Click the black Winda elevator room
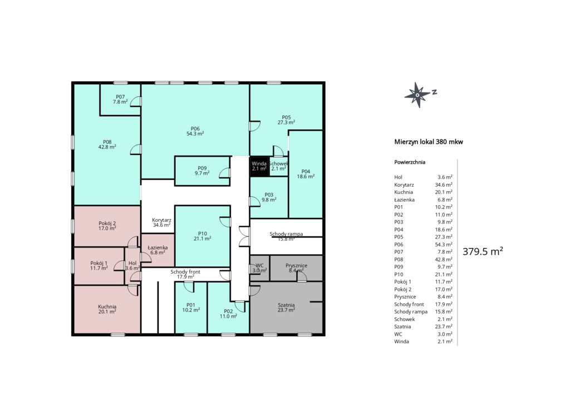pyautogui.click(x=259, y=167)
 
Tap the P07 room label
pyautogui.click(x=120, y=99)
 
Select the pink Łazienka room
pyautogui.click(x=158, y=250)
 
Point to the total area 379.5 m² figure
pyautogui.click(x=483, y=251)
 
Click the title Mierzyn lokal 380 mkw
pyautogui.click(x=429, y=142)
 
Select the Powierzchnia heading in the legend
pyautogui.click(x=410, y=162)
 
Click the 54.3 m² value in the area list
pyautogui.click(x=444, y=244)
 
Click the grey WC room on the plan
pyautogui.click(x=259, y=268)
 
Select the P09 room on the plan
pyautogui.click(x=202, y=171)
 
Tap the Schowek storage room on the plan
pyautogui.click(x=279, y=167)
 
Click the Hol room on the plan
pyautogui.click(x=132, y=266)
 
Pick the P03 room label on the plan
pyautogui.click(x=269, y=197)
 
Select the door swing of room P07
pyautogui.click(x=136, y=101)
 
